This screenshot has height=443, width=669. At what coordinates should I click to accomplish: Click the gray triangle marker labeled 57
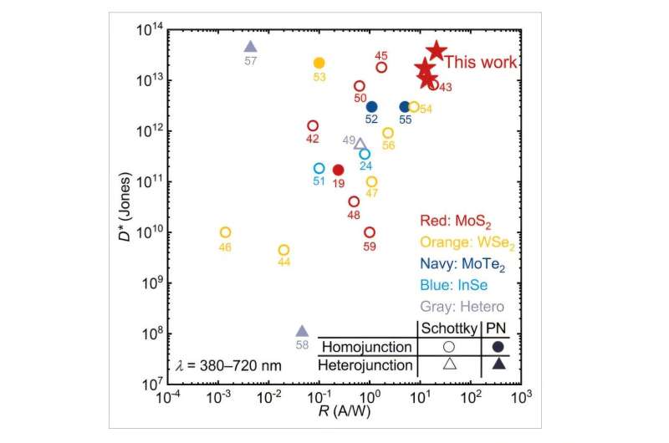[250, 47]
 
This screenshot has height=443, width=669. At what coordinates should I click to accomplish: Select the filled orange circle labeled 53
[319, 63]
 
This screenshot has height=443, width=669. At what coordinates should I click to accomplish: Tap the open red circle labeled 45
[381, 67]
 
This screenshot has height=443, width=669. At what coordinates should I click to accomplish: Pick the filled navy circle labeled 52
[372, 106]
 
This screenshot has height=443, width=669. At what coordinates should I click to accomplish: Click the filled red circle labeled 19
[339, 170]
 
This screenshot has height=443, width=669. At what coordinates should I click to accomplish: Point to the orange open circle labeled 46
[225, 232]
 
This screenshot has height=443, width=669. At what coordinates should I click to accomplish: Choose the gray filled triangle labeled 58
[302, 331]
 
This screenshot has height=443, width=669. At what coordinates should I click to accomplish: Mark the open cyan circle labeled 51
[319, 168]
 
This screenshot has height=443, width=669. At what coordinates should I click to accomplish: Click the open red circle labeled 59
[370, 232]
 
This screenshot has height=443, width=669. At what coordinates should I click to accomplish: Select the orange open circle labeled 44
[283, 250]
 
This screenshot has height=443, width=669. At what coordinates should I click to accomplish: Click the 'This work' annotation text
[480, 62]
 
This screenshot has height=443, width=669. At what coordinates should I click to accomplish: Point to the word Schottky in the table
[449, 328]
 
